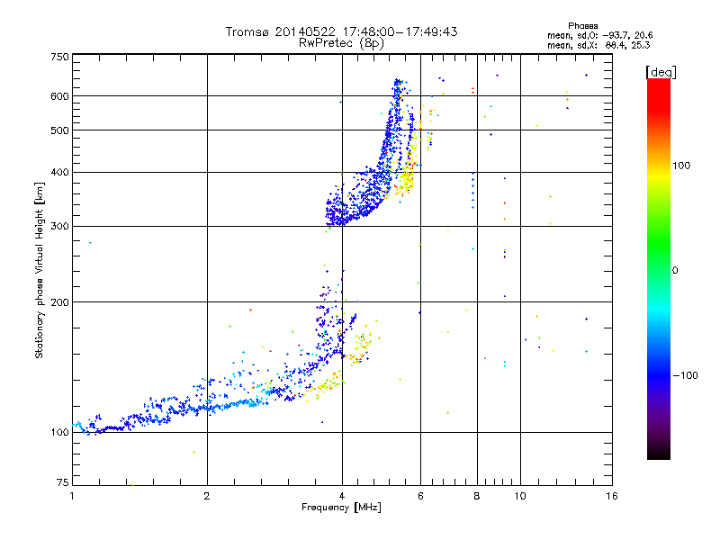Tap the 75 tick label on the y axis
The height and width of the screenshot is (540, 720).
[x=61, y=483]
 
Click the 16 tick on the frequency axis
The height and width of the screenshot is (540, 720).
[x=611, y=495]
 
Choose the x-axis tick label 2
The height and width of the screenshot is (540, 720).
[x=207, y=495]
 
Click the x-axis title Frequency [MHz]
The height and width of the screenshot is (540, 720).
[x=342, y=508]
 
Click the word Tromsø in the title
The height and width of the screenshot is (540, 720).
[x=246, y=31]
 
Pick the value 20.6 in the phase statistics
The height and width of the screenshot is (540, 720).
[x=641, y=35]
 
